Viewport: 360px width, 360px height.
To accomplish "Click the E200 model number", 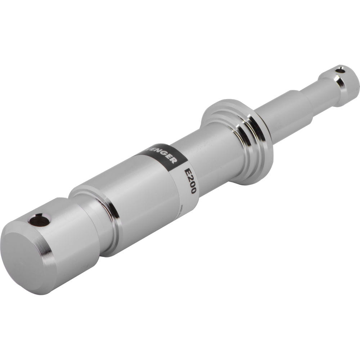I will tap(190, 181).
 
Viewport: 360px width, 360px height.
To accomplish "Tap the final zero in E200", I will tap(193, 190).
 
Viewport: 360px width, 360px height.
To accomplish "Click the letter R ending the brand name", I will tap(174, 160).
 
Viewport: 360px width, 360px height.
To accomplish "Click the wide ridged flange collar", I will tap(238, 140).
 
